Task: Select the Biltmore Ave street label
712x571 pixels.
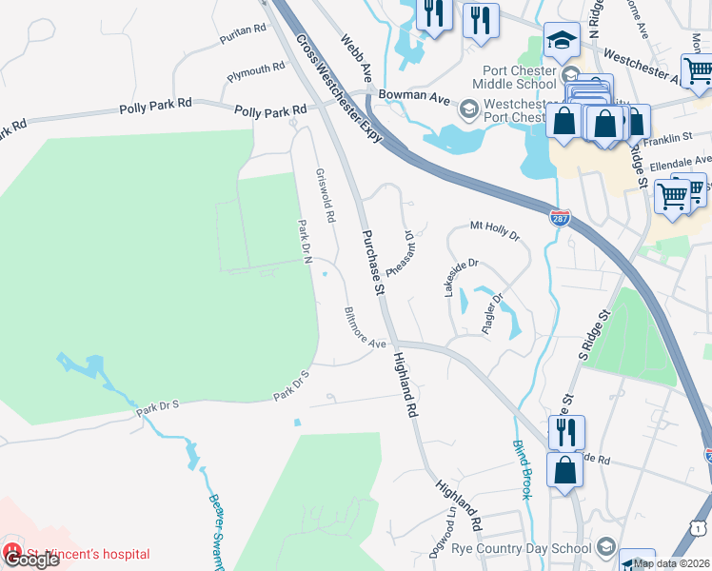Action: point(366,327)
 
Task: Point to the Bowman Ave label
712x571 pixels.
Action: point(412,95)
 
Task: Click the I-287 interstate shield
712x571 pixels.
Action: point(562,218)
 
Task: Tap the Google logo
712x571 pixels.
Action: point(32,559)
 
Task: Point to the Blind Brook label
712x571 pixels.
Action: point(524,470)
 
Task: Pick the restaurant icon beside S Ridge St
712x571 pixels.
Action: point(566,432)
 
